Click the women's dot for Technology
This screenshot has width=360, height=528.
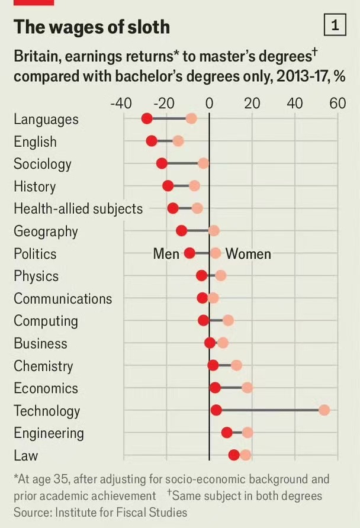pyautogui.click(x=324, y=410)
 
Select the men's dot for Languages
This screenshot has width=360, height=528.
pyautogui.click(x=147, y=119)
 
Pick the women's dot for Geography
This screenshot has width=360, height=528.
pyautogui.click(x=214, y=231)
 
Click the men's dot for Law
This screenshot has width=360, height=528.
pyautogui.click(x=234, y=455)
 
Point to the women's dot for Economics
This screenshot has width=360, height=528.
pyautogui.click(x=247, y=388)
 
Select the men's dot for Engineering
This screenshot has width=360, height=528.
pyautogui.click(x=227, y=433)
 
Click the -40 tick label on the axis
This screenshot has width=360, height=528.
pyautogui.click(x=121, y=103)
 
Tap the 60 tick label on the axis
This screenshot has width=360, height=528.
pyautogui.click(x=337, y=103)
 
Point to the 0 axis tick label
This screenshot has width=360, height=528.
pyautogui.click(x=209, y=103)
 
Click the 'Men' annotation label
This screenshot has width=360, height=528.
pyautogui.click(x=166, y=254)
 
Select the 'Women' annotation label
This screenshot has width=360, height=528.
pyautogui.click(x=248, y=254)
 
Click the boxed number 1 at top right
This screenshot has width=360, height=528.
pyautogui.click(x=335, y=25)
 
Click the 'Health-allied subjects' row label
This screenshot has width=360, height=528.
pyautogui.click(x=78, y=209)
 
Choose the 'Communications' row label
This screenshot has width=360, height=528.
pyautogui.click(x=63, y=298)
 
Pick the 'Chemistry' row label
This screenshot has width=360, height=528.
pyautogui.click(x=43, y=366)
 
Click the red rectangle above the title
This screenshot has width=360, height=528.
pyautogui.click(x=33, y=2)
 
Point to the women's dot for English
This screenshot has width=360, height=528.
pyautogui.click(x=178, y=141)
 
